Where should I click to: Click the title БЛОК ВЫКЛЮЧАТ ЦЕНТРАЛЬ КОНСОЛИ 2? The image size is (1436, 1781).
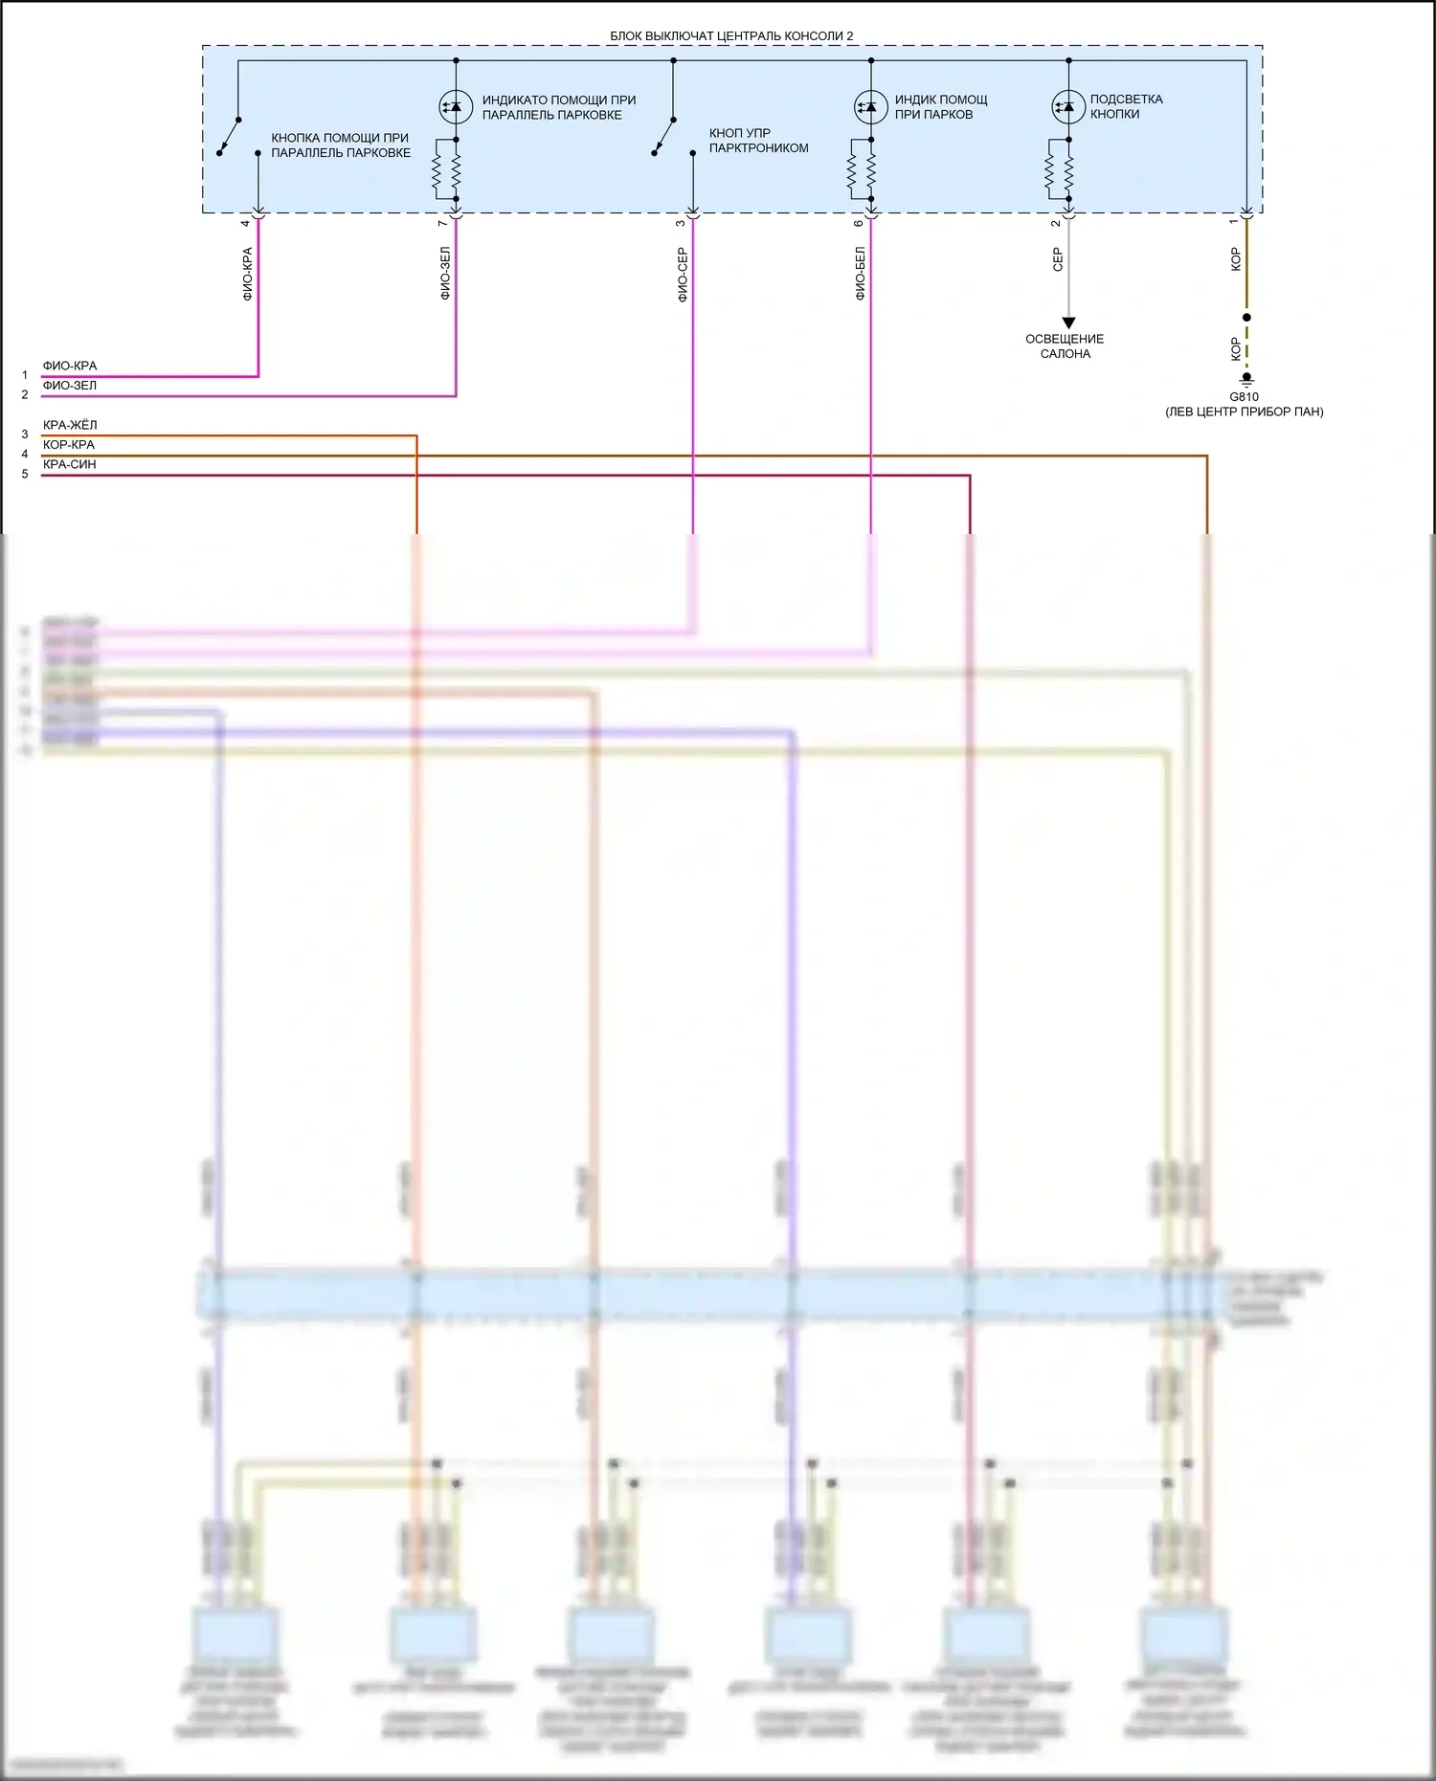click(x=731, y=36)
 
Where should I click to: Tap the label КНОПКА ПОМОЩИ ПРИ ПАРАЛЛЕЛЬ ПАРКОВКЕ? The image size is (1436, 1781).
click(x=341, y=145)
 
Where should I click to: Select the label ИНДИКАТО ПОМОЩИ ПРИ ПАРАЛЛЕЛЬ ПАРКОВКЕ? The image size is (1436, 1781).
click(x=558, y=107)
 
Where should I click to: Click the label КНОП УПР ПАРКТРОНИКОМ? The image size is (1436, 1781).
click(x=758, y=141)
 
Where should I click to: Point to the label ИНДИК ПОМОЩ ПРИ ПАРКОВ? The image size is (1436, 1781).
click(x=940, y=106)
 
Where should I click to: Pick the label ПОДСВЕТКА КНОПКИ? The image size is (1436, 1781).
click(x=1126, y=106)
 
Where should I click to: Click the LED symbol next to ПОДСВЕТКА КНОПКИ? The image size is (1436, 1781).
click(x=1068, y=106)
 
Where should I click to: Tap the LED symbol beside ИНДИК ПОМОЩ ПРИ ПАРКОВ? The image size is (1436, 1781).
click(x=871, y=106)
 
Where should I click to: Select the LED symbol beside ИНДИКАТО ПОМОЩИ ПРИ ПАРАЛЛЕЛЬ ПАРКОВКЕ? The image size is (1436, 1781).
click(x=456, y=106)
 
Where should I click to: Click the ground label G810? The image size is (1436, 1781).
click(x=1244, y=396)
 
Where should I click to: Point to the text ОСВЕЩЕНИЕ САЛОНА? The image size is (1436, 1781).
click(x=1065, y=346)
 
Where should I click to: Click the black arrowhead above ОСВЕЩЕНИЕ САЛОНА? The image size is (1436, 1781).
click(x=1068, y=323)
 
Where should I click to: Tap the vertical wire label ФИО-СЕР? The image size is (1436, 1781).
click(x=683, y=275)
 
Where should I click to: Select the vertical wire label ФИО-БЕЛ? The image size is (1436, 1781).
click(x=861, y=274)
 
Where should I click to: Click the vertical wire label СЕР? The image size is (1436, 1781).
click(x=1058, y=259)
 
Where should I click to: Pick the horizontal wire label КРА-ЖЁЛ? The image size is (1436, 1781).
click(x=70, y=425)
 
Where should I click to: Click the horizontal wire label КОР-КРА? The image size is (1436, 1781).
click(x=69, y=445)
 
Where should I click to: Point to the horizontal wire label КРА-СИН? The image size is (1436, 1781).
click(x=70, y=465)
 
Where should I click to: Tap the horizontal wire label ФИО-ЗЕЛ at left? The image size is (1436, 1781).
click(x=70, y=386)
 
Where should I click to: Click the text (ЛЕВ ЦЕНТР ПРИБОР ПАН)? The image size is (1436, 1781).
click(x=1244, y=412)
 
